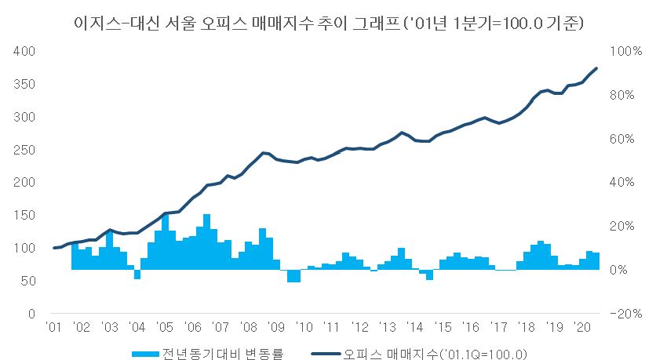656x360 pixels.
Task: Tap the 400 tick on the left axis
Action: [x=26, y=51]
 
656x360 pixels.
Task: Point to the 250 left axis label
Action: [x=26, y=150]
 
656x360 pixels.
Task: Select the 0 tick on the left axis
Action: [x=31, y=314]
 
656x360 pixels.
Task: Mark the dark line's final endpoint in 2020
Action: [x=597, y=68]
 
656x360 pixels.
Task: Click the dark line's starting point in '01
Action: [x=53, y=248]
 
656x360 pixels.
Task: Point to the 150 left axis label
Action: [x=26, y=216]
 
